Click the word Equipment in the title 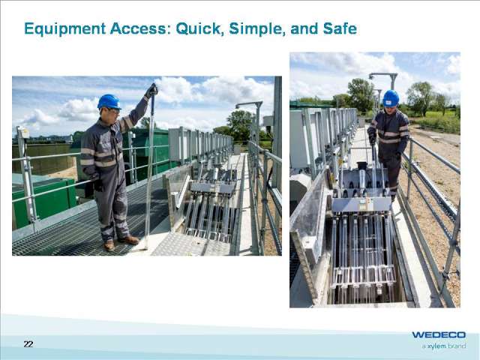point(60,30)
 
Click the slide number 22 point(28,344)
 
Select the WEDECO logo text point(439,334)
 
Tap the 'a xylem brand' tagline point(443,346)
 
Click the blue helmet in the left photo point(109,101)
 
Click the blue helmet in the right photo point(391,98)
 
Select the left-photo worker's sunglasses point(112,110)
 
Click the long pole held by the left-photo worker point(149,165)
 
